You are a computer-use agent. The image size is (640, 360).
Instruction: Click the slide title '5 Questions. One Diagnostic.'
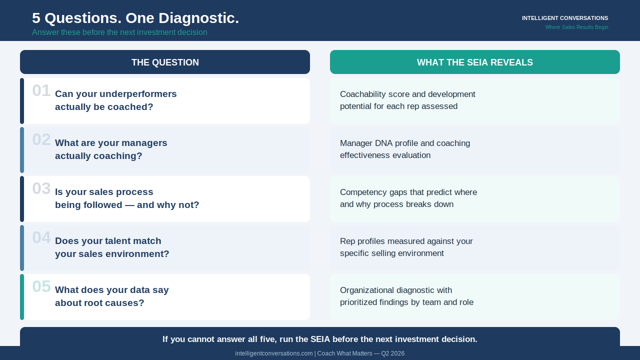click(x=135, y=18)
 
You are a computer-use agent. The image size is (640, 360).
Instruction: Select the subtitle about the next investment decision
click(x=119, y=32)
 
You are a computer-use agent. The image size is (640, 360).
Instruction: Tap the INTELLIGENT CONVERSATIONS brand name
click(x=565, y=18)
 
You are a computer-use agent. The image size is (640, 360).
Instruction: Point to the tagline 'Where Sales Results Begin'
click(x=576, y=27)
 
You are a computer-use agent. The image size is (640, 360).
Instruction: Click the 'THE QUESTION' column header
click(x=165, y=62)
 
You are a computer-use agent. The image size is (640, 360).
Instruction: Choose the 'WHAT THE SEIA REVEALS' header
click(x=475, y=62)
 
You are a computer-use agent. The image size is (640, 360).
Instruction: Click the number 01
click(x=41, y=90)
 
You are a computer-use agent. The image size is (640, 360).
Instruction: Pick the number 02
click(x=41, y=139)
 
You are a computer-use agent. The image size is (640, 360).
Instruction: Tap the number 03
click(x=41, y=188)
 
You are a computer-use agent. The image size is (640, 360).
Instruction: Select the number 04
click(x=41, y=237)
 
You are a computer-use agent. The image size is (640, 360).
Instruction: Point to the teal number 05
click(x=41, y=286)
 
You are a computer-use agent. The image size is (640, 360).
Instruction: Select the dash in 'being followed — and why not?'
click(x=129, y=205)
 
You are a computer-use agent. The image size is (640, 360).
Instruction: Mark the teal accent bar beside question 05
click(x=22, y=297)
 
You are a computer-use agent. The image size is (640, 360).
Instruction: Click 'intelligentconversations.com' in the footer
click(x=273, y=353)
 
